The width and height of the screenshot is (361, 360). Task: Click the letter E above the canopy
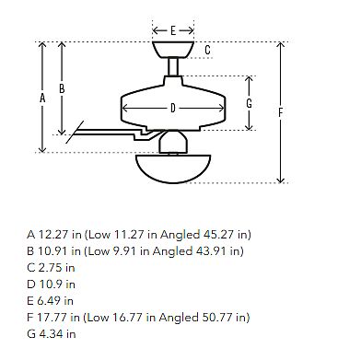pyautogui.click(x=173, y=30)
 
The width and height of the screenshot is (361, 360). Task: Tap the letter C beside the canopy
pyautogui.click(x=208, y=50)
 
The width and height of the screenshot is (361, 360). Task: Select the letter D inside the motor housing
pyautogui.click(x=173, y=108)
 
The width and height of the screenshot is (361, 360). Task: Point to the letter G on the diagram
pyautogui.click(x=250, y=103)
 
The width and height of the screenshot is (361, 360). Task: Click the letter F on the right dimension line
pyautogui.click(x=280, y=113)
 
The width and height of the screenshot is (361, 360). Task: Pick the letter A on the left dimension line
pyautogui.click(x=42, y=99)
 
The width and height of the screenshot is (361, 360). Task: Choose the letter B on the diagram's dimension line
pyautogui.click(x=62, y=88)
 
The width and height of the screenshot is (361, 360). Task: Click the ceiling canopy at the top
pyautogui.click(x=173, y=50)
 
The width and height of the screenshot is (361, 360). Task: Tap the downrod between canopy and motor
pyautogui.click(x=173, y=66)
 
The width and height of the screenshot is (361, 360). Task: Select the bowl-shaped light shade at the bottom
pyautogui.click(x=173, y=168)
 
